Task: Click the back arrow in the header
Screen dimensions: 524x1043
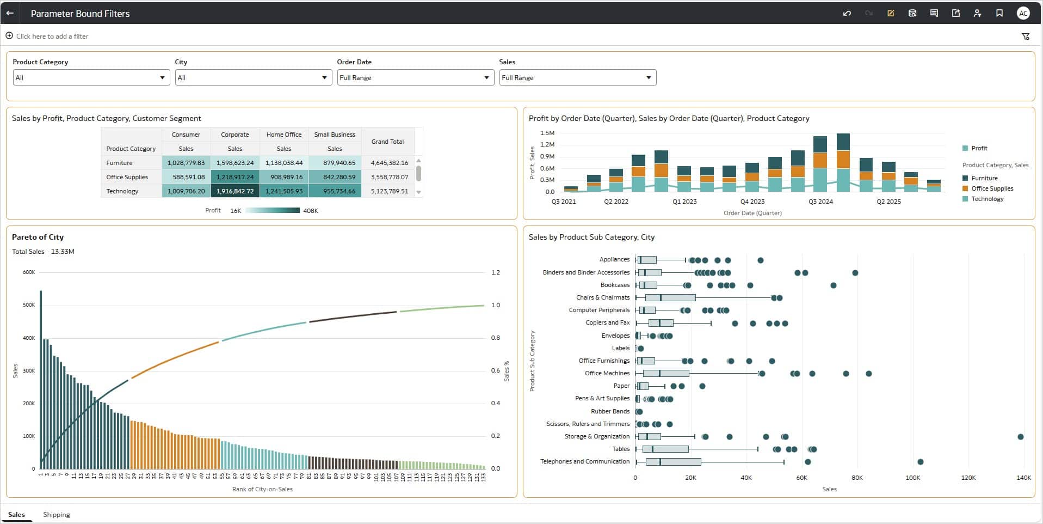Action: coord(10,13)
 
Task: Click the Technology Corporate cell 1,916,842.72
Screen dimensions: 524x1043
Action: coord(235,191)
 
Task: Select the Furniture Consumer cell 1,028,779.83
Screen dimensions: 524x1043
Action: coord(186,163)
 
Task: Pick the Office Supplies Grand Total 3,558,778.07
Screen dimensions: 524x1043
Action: coord(389,177)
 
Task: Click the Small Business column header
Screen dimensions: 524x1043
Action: coord(335,135)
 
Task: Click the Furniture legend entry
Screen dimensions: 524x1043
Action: coord(984,178)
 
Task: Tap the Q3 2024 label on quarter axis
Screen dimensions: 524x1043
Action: coord(820,202)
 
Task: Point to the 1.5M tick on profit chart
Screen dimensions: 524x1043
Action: coord(547,133)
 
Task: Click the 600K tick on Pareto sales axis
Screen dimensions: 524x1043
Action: coord(29,272)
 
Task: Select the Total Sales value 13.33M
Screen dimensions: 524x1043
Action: coord(63,252)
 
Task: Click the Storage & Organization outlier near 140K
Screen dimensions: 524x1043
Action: coord(1020,437)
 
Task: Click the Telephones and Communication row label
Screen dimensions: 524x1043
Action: coord(584,461)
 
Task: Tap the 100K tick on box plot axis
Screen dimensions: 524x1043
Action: coord(912,478)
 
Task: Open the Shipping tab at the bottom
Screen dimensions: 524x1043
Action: coord(57,515)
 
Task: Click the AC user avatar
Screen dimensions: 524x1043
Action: coord(1023,13)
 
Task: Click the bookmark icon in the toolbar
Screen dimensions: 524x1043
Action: coord(999,13)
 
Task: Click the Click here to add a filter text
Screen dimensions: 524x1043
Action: coord(52,36)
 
